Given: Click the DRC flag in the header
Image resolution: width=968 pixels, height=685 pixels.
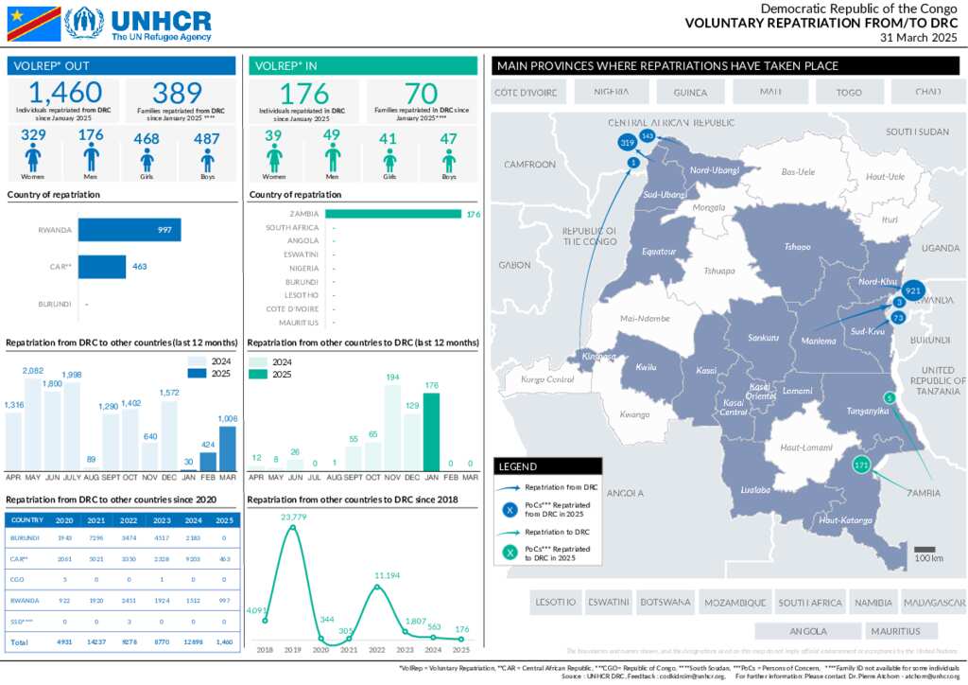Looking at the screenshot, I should click(x=34, y=24).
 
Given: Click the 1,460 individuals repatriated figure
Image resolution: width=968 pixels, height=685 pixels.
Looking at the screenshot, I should click(x=65, y=93).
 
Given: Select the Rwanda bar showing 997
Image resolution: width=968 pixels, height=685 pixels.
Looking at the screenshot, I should click(x=129, y=230).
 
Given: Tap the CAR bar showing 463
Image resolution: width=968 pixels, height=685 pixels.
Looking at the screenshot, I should click(x=102, y=267).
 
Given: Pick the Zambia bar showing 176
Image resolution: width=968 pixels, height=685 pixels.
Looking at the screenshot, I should click(x=393, y=214).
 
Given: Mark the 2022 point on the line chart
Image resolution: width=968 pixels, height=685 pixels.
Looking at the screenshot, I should click(x=377, y=587).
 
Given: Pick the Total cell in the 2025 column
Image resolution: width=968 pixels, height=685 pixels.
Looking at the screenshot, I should click(x=225, y=641).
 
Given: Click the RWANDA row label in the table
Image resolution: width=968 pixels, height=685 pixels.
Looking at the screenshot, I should click(x=25, y=600).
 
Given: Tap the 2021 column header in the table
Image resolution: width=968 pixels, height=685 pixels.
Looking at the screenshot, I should click(x=96, y=519).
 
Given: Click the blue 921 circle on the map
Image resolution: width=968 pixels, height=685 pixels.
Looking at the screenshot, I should click(x=912, y=290).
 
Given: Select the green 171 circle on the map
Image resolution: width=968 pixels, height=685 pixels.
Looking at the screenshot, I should click(x=860, y=465).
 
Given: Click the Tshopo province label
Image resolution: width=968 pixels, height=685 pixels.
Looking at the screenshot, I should click(x=797, y=247).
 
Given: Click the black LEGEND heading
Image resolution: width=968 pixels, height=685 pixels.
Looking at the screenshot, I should click(x=547, y=466).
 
